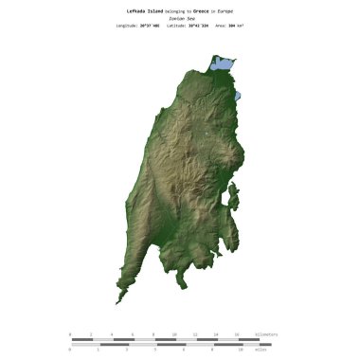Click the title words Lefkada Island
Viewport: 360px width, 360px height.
[x=145, y=9]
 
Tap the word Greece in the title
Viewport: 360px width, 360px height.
[x=203, y=9]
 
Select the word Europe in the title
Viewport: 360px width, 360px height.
[x=225, y=9]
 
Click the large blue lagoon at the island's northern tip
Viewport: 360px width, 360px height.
[x=222, y=65]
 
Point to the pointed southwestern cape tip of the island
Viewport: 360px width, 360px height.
[x=117, y=302]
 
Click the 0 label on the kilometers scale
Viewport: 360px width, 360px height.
[x=70, y=334]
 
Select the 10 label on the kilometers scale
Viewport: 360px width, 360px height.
[x=174, y=334]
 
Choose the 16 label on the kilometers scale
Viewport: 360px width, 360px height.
[x=237, y=334]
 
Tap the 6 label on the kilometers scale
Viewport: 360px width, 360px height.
[x=133, y=334]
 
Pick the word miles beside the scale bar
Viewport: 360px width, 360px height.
[x=261, y=350]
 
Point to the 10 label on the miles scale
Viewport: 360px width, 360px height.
[x=240, y=350]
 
